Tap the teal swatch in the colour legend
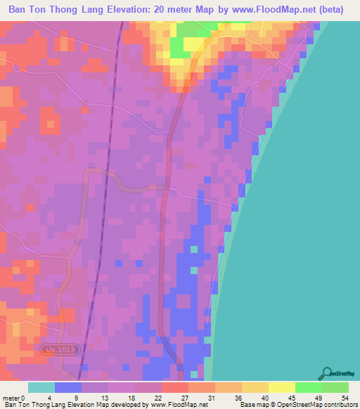(x=41, y=387)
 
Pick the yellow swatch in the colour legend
(x=282, y=387)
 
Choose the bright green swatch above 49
(x=309, y=387)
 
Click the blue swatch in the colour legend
(x=68, y=387)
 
